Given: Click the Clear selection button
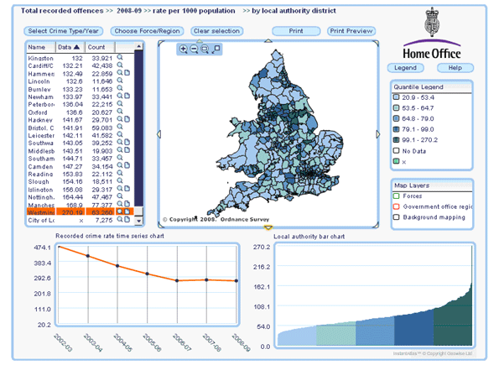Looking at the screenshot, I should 217,31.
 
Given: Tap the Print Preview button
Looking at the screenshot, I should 351,31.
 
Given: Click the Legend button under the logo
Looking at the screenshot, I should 405,67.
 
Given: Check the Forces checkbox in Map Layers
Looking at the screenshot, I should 397,197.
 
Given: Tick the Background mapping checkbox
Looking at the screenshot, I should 397,217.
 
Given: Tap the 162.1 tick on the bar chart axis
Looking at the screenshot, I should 262,286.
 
